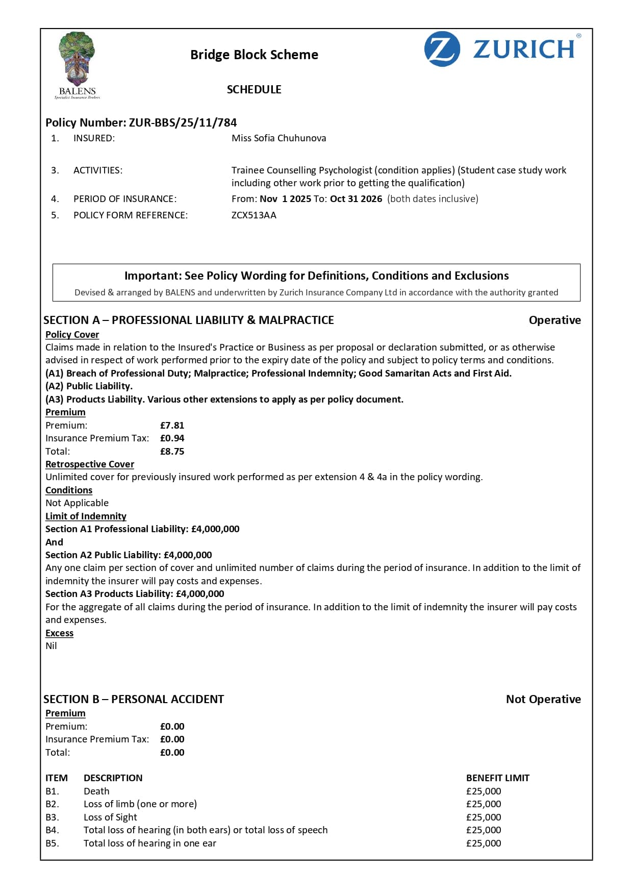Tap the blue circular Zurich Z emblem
tap(442, 49)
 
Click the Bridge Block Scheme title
tap(254, 55)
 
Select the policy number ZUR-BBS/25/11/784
tap(183, 122)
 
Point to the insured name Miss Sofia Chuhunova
tap(278, 138)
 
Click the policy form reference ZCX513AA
tap(254, 215)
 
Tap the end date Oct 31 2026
tap(356, 199)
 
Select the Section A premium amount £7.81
tap(172, 426)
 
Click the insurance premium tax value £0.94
tap(172, 438)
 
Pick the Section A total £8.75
tap(172, 452)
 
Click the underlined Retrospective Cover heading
tap(90, 464)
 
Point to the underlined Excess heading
tap(59, 633)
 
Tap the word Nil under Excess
tap(51, 646)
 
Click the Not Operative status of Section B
tap(543, 700)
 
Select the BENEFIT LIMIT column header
tap(497, 778)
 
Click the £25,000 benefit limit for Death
tap(484, 791)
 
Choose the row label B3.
tap(52, 817)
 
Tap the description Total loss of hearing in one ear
tap(150, 843)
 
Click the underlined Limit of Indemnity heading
tap(86, 516)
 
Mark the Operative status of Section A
tap(554, 320)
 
